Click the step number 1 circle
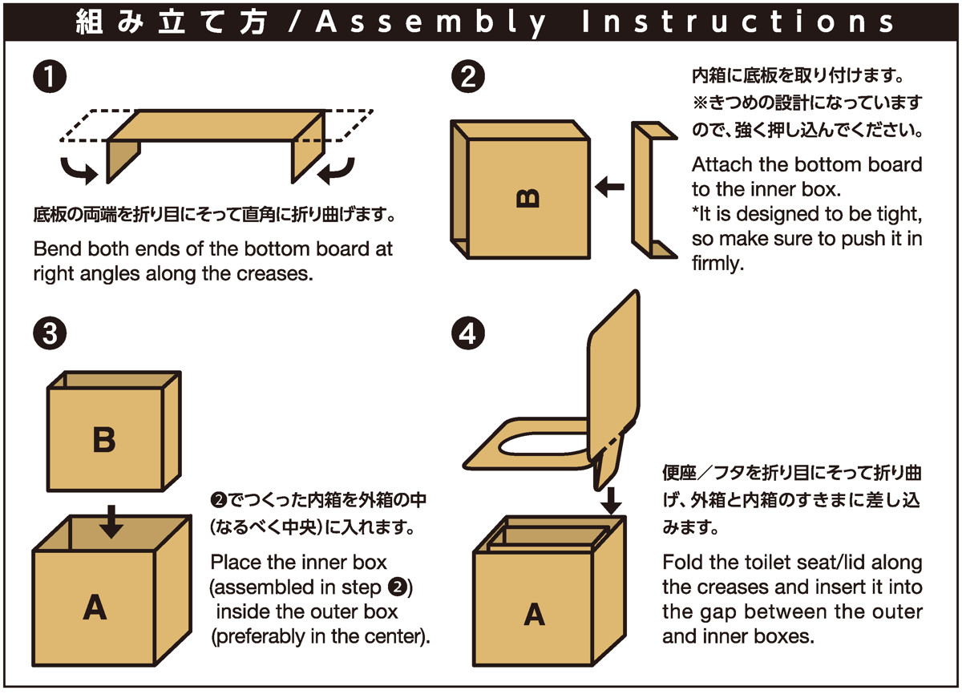(50, 79)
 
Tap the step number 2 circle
(467, 79)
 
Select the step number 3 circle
(50, 334)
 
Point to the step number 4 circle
(467, 334)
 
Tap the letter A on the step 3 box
(94, 609)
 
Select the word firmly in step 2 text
(718, 264)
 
